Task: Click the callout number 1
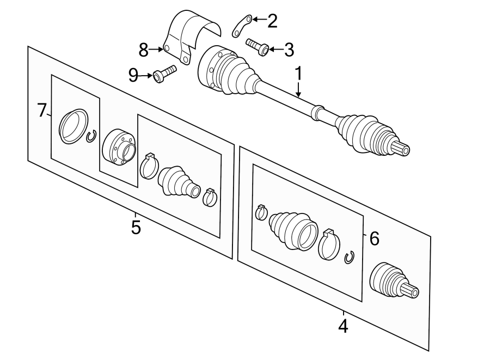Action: pos(298,72)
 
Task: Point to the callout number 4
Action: pos(342,326)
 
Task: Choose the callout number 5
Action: pos(136,226)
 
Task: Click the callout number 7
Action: pos(42,111)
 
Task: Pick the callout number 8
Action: pos(143,50)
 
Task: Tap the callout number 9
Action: pos(133,75)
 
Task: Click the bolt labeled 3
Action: pos(258,47)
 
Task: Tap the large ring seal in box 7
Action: pos(73,126)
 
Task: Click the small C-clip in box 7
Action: pos(91,136)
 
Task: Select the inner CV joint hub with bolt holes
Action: pos(119,147)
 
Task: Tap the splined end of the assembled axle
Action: pos(402,147)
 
